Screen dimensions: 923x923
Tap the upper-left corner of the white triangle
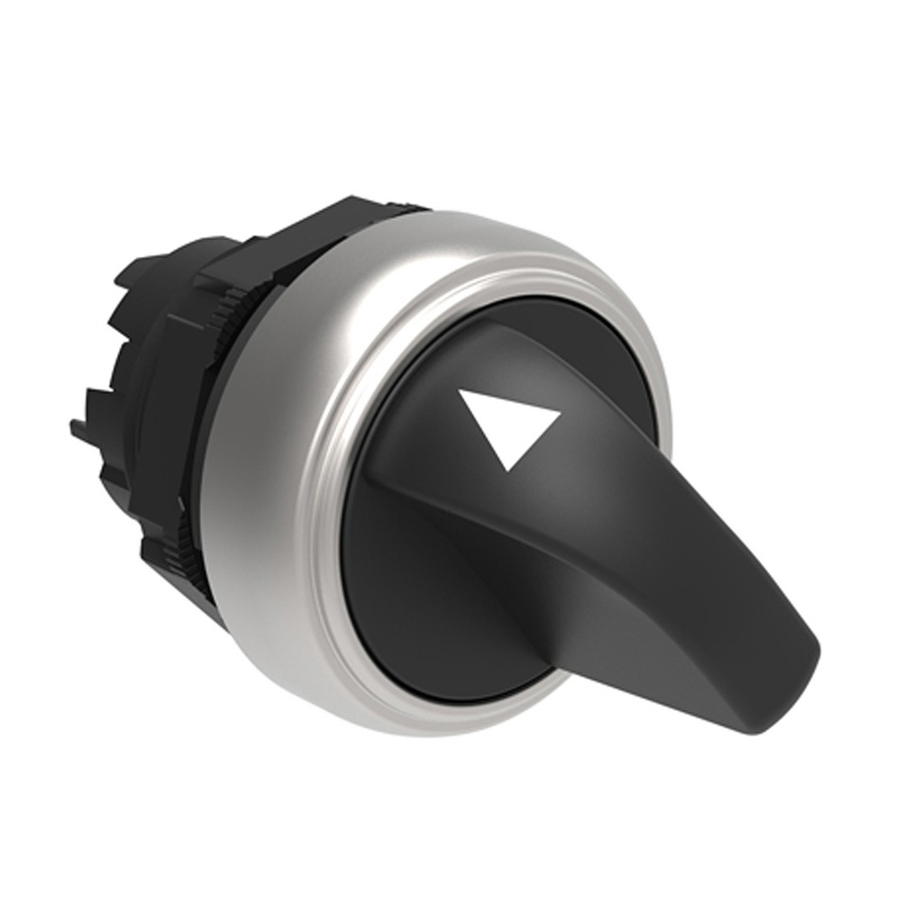click(461, 391)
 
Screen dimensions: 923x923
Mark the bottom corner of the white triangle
click(509, 468)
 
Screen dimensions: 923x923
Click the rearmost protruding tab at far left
click(86, 431)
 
